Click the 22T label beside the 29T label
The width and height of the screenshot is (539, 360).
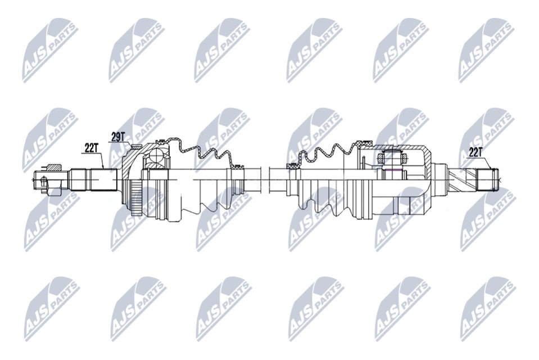(x=91, y=147)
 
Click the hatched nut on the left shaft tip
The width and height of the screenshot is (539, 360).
(x=54, y=166)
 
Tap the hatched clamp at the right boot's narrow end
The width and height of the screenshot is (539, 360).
(x=292, y=166)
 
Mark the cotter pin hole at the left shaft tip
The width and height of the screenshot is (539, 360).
(x=43, y=181)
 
